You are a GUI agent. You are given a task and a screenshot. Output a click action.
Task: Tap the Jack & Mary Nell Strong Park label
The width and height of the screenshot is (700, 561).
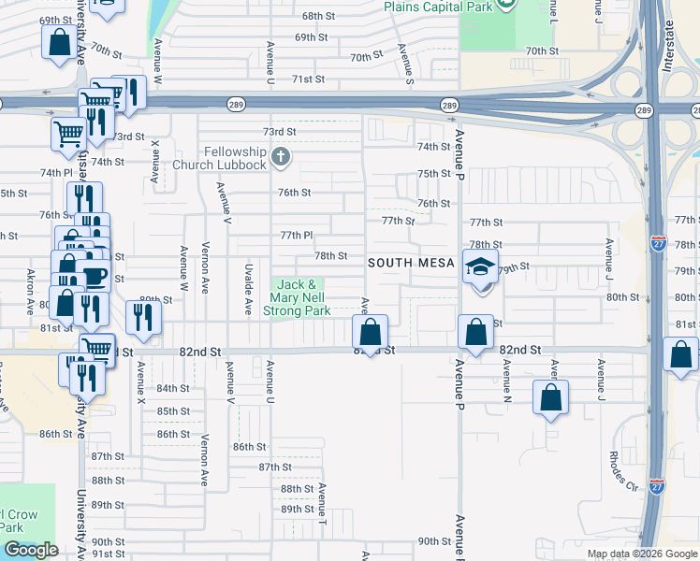[298, 296]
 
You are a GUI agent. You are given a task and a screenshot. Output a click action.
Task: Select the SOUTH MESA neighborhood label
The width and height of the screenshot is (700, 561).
[411, 263]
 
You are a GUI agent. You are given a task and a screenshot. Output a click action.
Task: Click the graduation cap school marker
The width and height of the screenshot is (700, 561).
[480, 267]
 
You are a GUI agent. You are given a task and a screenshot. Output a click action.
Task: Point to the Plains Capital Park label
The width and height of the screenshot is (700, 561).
[437, 7]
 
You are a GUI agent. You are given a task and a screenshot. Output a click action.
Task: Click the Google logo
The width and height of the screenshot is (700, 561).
[30, 550]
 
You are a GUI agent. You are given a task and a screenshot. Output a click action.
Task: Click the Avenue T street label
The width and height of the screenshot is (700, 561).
[321, 501]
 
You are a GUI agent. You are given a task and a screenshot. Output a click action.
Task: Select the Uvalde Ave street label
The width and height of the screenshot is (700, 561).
[248, 288]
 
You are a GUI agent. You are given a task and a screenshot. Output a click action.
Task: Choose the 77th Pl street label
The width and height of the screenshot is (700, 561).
[296, 235]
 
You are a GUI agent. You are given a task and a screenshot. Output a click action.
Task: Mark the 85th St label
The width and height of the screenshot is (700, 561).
[173, 411]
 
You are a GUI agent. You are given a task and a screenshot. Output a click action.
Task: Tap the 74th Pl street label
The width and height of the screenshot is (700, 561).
[55, 173]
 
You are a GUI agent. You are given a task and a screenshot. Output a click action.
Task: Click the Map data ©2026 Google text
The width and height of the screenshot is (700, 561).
[641, 554]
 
